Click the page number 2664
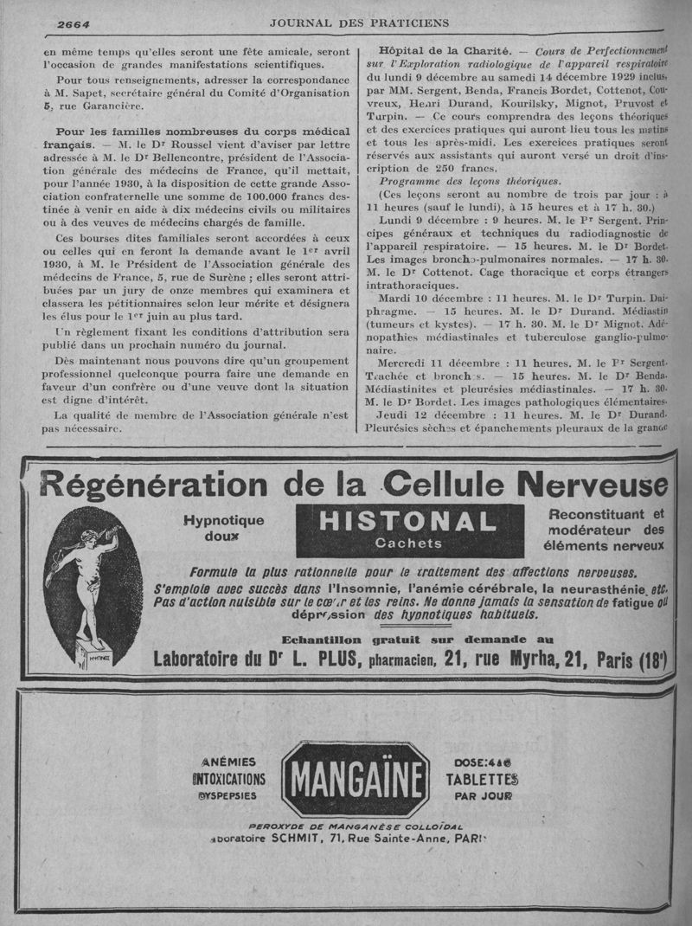[x=74, y=23]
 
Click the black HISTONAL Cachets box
[x=409, y=530]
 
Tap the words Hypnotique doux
[x=223, y=528]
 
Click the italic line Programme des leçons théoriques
[x=470, y=181]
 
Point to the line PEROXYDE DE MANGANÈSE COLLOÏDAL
[x=356, y=826]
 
